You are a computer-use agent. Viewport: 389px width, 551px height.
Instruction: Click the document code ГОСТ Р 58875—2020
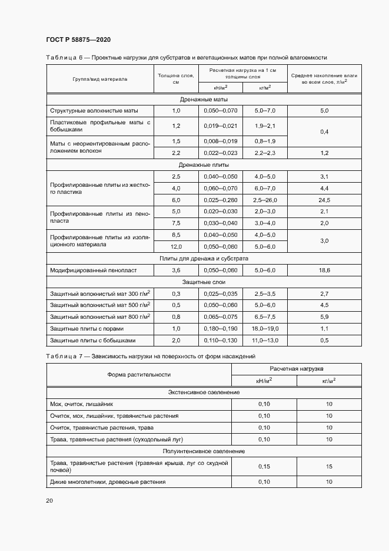pyautogui.click(x=78, y=39)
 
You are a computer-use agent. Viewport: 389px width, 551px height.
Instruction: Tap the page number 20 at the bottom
pyautogui.click(x=49, y=500)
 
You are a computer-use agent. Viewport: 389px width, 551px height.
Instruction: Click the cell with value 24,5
pyautogui.click(x=324, y=200)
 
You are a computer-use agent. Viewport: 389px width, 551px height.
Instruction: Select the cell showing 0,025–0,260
pyautogui.click(x=220, y=200)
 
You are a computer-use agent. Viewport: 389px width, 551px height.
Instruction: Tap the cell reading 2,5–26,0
pyautogui.click(x=264, y=200)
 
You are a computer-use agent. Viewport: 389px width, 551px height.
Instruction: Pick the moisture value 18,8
pyautogui.click(x=324, y=270)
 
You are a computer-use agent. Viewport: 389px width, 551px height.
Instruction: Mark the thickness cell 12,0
pyautogui.click(x=176, y=247)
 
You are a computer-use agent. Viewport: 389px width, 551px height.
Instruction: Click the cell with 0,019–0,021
pyautogui.click(x=220, y=126)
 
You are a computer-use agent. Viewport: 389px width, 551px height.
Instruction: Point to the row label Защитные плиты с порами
pyautogui.click(x=87, y=329)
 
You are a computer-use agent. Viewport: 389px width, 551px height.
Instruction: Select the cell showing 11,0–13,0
pyautogui.click(x=264, y=341)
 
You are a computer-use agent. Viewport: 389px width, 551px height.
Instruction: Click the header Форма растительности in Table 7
pyautogui.click(x=139, y=374)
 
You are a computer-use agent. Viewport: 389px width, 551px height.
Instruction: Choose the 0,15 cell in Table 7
pyautogui.click(x=264, y=466)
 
